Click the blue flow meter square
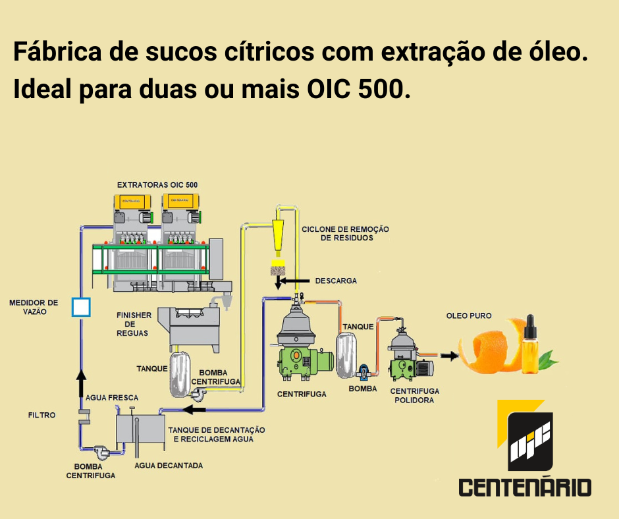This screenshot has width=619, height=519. coord(80,307)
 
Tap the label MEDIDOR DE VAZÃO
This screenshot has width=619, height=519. coord(33,307)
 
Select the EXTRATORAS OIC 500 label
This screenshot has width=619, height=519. coord(157,184)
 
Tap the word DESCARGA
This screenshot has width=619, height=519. coord(336,281)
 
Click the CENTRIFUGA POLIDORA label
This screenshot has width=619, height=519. coord(415,395)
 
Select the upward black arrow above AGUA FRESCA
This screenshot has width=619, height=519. coord(80,380)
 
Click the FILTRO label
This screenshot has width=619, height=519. coord(41,416)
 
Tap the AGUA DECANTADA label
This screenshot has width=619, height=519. coord(169,466)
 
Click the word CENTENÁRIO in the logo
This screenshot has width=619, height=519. coord(525,488)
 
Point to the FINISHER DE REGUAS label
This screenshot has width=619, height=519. coord(134,324)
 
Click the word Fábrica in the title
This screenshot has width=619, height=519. coord(55,52)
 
